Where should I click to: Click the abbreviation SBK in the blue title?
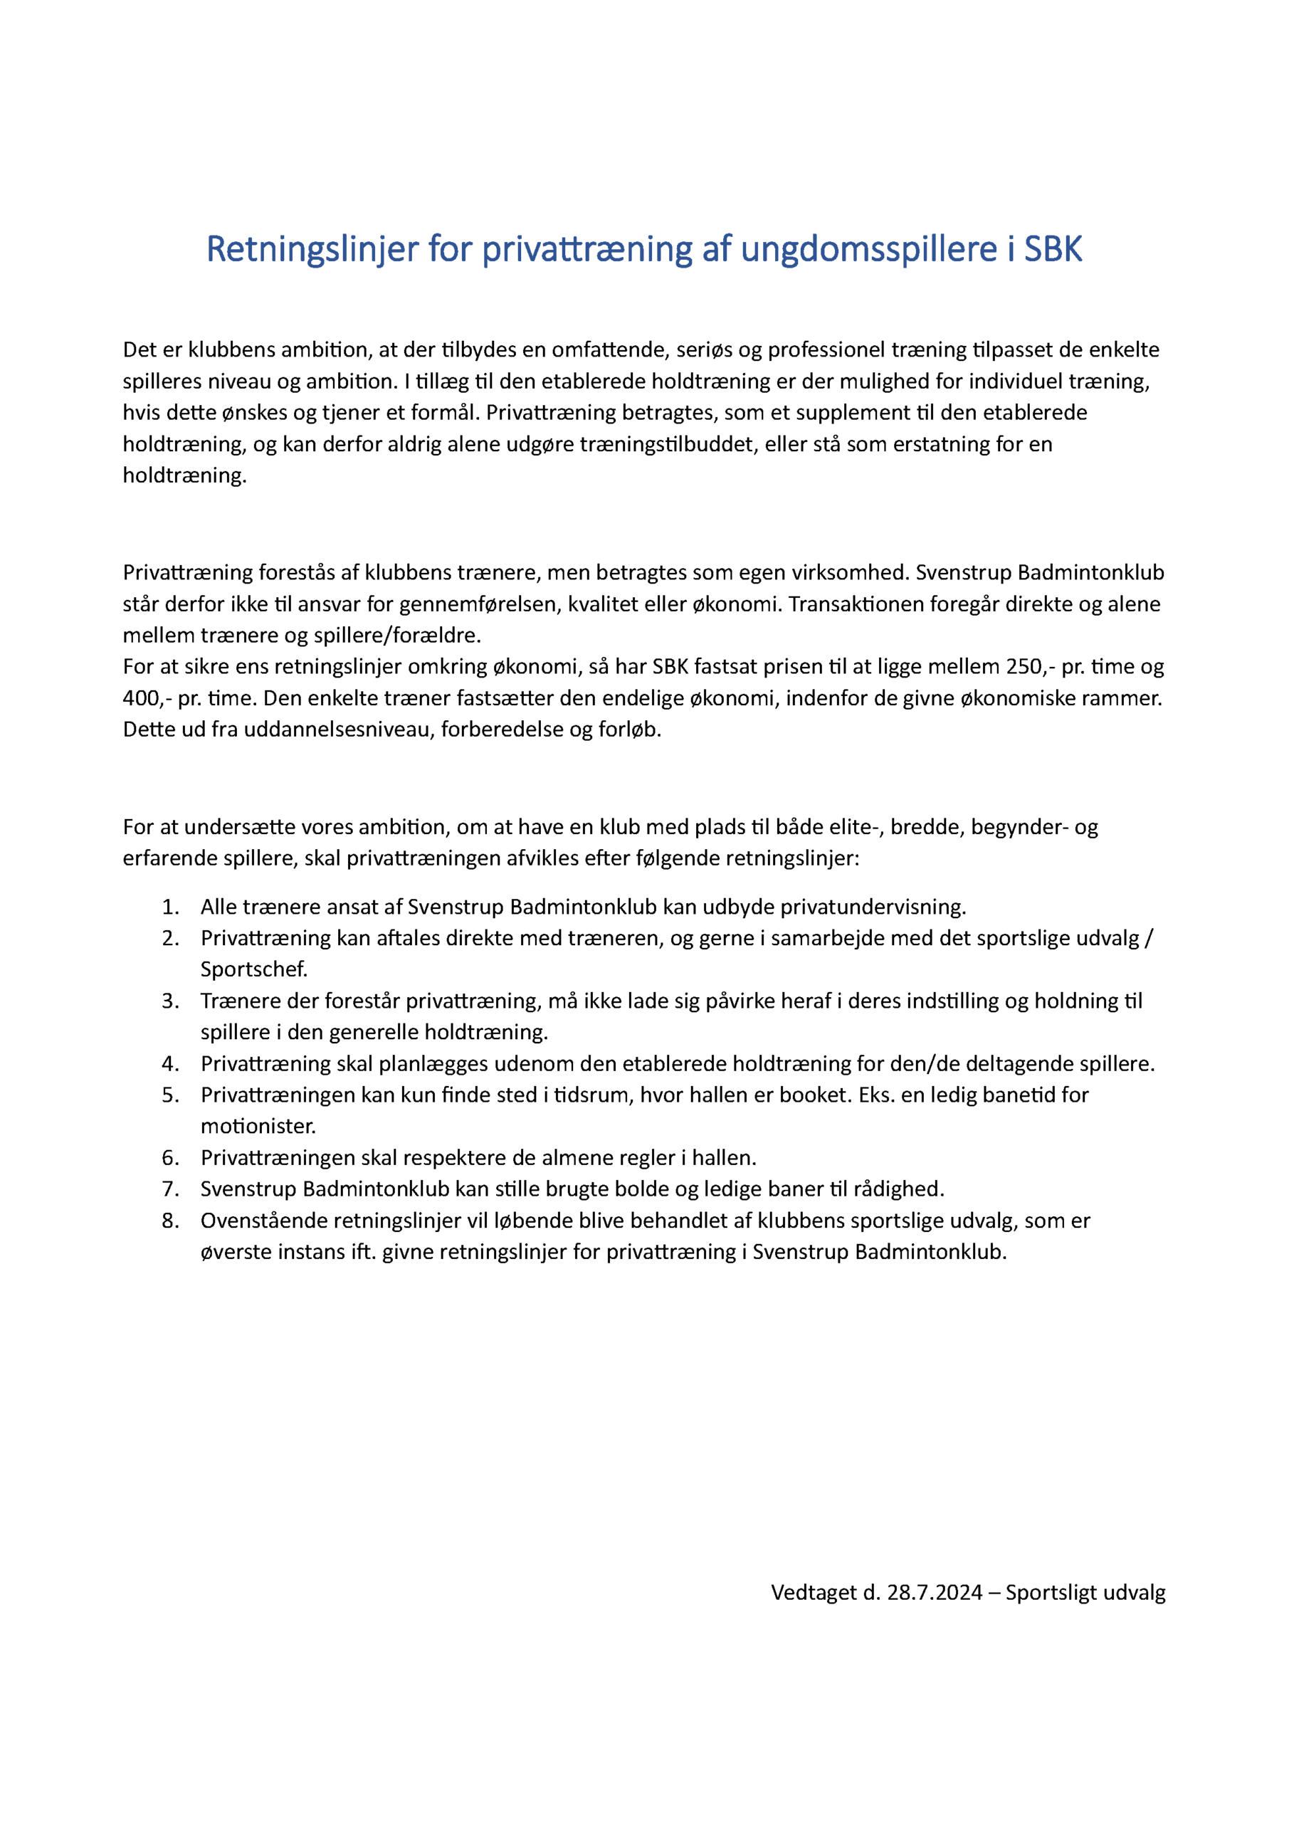point(1053,249)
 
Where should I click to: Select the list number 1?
point(170,907)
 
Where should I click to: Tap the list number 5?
point(170,1095)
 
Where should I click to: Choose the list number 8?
point(170,1221)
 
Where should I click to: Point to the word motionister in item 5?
point(258,1126)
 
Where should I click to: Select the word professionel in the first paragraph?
point(826,350)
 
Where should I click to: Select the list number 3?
point(170,1001)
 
